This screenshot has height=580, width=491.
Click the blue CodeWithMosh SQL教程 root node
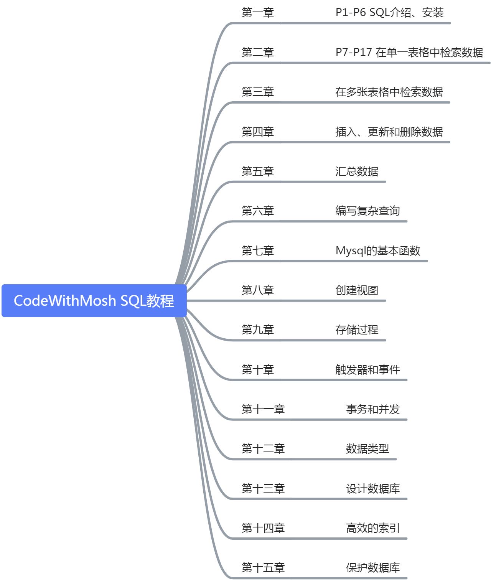click(x=94, y=301)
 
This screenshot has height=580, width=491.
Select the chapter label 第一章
click(x=258, y=13)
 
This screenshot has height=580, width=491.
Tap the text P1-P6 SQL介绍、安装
click(x=389, y=13)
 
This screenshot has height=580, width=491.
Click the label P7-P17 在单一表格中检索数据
click(x=409, y=52)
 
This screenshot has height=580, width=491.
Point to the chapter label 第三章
click(x=258, y=92)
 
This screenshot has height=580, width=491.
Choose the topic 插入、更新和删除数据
click(x=389, y=132)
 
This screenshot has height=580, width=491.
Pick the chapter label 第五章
click(x=258, y=171)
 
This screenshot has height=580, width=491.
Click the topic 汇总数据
click(x=357, y=171)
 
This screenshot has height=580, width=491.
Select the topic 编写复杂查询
click(x=367, y=211)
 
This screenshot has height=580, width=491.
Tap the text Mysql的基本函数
click(x=378, y=251)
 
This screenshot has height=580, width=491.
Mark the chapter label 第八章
click(x=258, y=290)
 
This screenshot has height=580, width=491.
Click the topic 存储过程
click(x=357, y=330)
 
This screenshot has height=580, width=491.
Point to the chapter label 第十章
click(x=258, y=370)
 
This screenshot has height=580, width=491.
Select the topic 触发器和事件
click(x=367, y=370)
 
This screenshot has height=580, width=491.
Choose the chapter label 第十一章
click(x=263, y=409)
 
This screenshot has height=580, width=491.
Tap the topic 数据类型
click(x=367, y=449)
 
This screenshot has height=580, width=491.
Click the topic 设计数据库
click(x=373, y=489)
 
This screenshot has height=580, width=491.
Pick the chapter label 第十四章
click(x=263, y=528)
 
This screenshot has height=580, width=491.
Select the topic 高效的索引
click(x=373, y=528)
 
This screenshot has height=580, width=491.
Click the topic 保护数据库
click(x=373, y=568)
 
